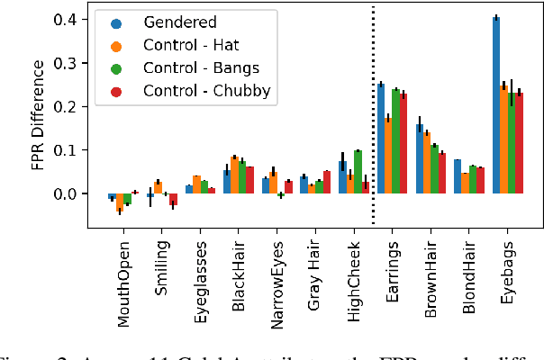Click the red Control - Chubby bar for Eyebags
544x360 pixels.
(519, 144)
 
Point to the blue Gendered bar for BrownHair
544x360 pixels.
(419, 159)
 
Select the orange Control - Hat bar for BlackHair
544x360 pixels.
(234, 175)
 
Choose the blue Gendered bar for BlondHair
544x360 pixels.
(458, 177)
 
